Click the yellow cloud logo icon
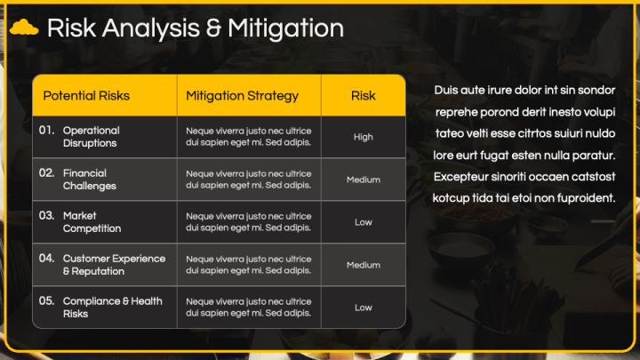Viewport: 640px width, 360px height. click(23, 28)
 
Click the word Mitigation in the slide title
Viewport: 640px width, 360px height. click(285, 28)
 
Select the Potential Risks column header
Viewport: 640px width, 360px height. click(86, 96)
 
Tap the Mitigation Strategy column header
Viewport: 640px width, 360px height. click(243, 96)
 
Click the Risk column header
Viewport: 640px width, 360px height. click(364, 96)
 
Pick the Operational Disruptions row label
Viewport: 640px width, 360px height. click(91, 136)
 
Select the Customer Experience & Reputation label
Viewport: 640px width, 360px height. click(114, 265)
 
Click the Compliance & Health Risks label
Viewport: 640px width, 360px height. click(112, 308)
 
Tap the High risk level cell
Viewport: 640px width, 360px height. click(364, 137)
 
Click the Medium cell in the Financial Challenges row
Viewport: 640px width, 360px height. click(364, 180)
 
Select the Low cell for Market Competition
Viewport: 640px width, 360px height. click(364, 222)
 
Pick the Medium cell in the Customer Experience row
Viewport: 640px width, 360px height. click(364, 265)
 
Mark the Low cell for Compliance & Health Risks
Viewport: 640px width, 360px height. click(364, 308)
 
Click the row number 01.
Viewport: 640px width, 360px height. click(47, 131)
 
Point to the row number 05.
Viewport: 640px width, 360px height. click(47, 301)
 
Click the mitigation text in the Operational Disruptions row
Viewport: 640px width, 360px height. click(249, 136)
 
